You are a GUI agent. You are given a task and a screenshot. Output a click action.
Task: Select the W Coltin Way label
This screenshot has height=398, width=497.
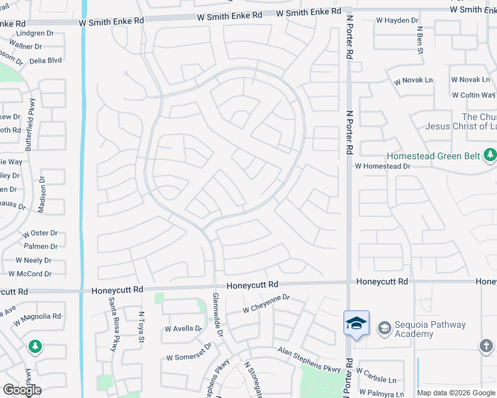coord(474,95)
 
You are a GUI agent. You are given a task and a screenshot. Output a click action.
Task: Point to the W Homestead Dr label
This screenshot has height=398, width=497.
coord(382,166)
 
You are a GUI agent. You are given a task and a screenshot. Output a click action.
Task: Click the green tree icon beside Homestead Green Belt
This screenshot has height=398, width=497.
coord(490,155)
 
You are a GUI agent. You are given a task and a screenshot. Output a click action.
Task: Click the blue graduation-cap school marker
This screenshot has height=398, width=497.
coord(356,323)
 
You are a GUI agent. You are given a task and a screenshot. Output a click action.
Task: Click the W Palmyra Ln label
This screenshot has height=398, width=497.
coord(380,394)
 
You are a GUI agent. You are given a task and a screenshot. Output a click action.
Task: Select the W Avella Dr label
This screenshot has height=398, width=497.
coord(183,328)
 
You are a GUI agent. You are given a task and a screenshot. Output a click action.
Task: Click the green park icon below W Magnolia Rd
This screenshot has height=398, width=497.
coord(35,346)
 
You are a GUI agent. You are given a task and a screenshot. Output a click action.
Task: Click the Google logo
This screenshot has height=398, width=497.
coord(23,390)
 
